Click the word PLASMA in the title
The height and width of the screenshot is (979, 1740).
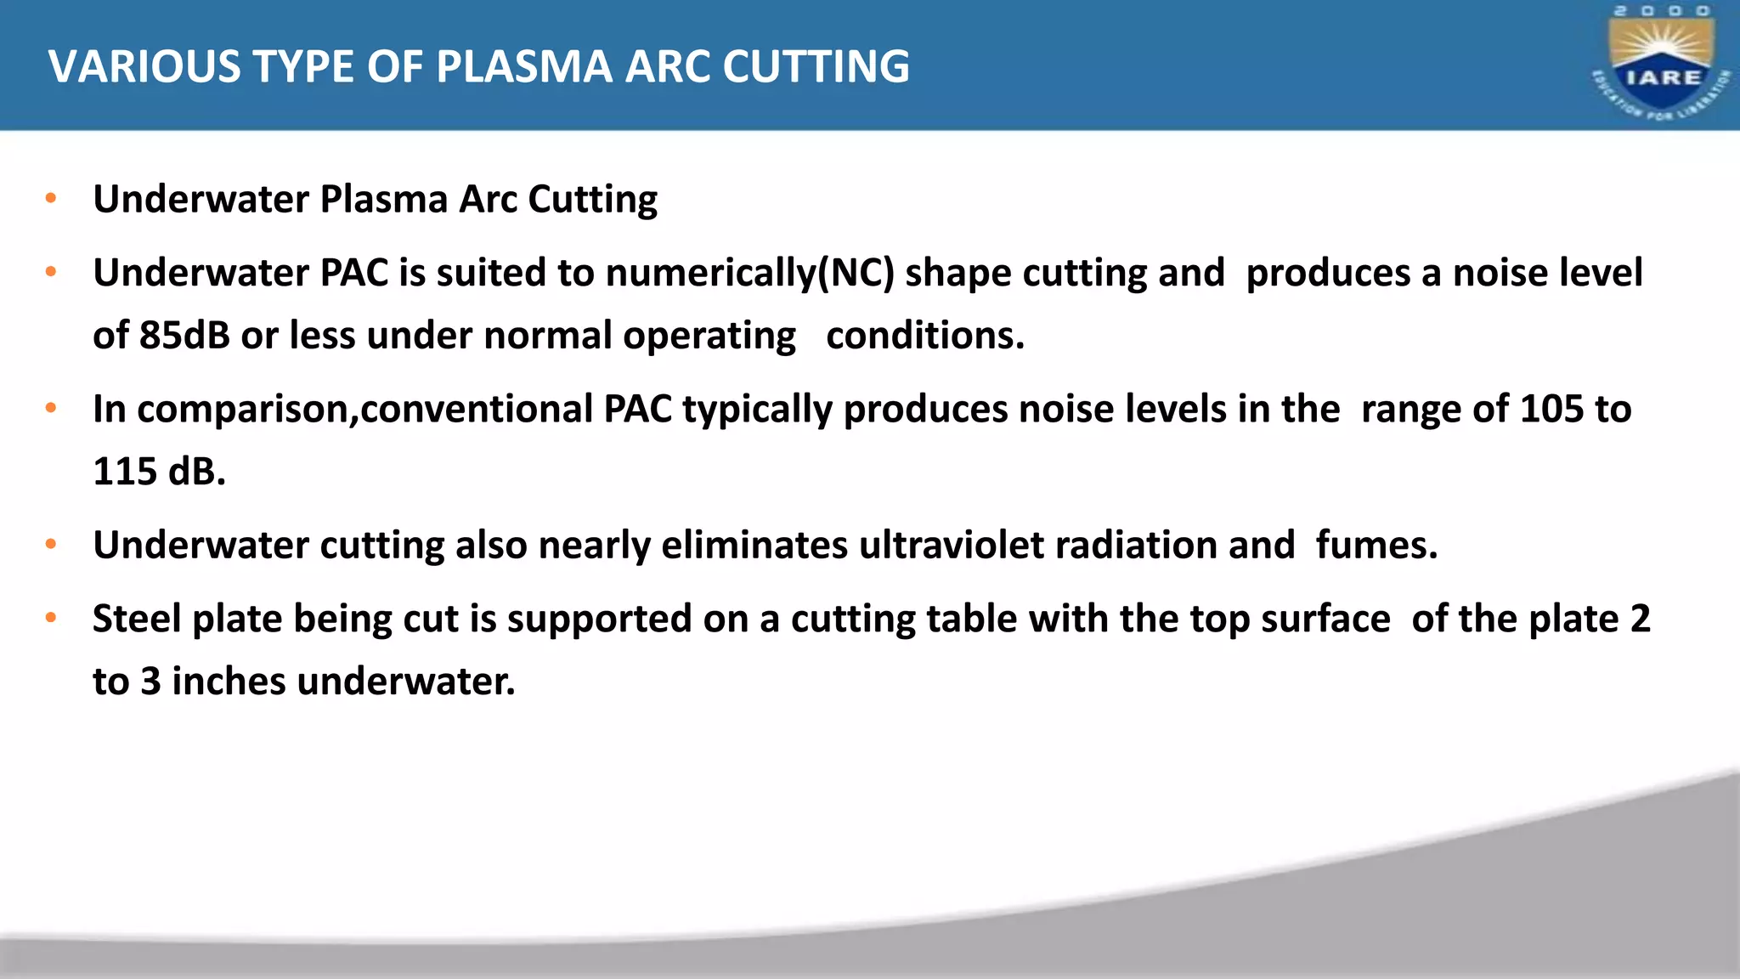523,66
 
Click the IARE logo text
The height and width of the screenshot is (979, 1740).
1663,78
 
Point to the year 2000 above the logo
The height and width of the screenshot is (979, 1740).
1663,11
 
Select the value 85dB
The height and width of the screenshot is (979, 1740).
184,336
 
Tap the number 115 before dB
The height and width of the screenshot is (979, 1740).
125,472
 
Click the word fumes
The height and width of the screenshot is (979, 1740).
1376,546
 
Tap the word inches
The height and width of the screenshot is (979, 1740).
229,682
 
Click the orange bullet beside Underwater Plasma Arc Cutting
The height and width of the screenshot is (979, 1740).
51,199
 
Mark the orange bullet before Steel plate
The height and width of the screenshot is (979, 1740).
51,618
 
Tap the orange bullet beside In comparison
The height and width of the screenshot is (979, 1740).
51,409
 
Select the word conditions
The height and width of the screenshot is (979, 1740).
925,336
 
